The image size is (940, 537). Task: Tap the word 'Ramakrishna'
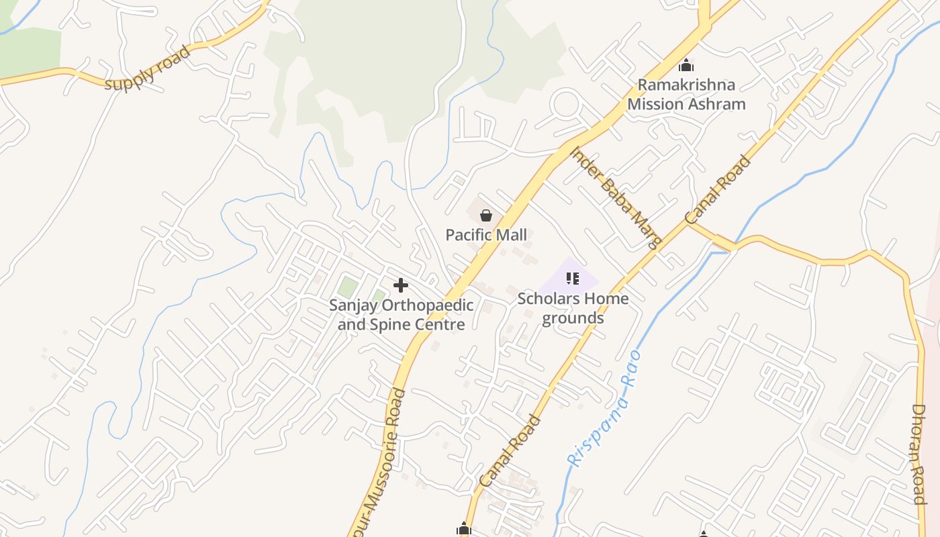pos(686,85)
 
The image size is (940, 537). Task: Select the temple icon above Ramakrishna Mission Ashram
pos(686,65)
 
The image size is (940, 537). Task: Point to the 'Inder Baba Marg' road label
pos(616,197)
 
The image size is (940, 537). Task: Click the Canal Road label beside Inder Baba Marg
pos(717,189)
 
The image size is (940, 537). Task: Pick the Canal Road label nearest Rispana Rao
pos(511,450)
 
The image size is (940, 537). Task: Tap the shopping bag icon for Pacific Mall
pos(486,215)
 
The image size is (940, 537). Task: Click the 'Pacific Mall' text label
pos(486,235)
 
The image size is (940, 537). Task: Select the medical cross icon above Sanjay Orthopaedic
pos(401,285)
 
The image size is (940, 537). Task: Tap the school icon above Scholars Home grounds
pos(573,278)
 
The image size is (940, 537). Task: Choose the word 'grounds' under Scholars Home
pos(573,318)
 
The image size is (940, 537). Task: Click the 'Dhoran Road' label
pos(919,454)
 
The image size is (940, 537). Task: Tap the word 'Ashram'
pos(714,104)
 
